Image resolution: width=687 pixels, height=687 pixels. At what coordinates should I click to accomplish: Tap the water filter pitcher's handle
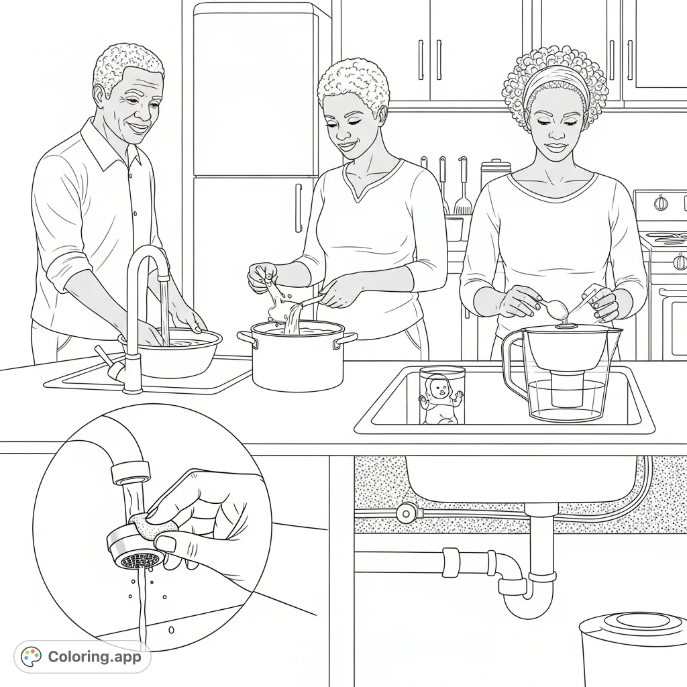(513, 366)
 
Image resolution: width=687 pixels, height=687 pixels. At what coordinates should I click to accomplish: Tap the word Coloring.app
(95, 657)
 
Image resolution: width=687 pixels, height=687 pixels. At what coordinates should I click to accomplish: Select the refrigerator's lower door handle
(299, 207)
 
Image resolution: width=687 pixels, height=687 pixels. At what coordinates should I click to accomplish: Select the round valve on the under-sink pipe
(406, 513)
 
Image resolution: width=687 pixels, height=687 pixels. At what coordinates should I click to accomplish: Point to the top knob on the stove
(662, 202)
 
